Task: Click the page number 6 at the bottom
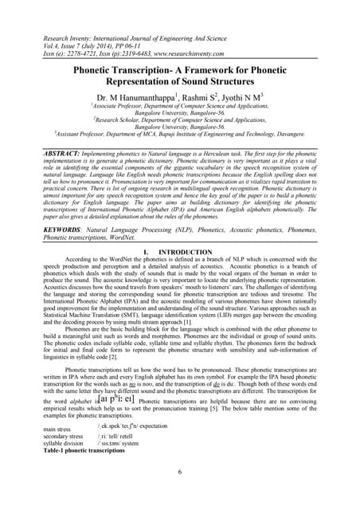(180, 473)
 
